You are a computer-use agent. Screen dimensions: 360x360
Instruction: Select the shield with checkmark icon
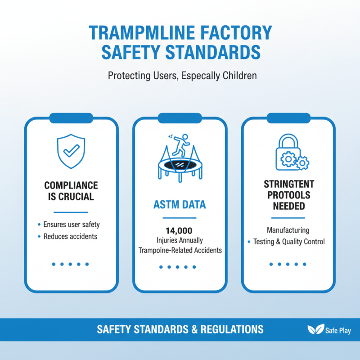(x=71, y=151)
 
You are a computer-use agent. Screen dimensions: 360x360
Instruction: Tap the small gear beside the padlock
(x=302, y=163)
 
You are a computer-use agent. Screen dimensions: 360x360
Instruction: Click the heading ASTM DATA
(x=180, y=205)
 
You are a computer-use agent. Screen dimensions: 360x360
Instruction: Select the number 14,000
(x=179, y=230)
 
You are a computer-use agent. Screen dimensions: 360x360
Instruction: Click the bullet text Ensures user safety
(x=72, y=224)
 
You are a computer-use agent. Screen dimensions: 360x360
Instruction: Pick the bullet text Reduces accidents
(x=70, y=236)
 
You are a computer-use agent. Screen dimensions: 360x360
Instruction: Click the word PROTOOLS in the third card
(x=289, y=195)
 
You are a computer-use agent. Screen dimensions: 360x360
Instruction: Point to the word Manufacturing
(x=288, y=230)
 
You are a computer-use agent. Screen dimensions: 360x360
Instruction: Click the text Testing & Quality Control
(x=289, y=242)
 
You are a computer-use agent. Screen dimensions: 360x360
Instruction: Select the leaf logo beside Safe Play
(x=316, y=329)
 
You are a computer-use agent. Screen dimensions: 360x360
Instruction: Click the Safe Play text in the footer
(x=338, y=331)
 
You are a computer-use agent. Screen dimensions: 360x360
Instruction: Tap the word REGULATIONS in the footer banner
(x=232, y=329)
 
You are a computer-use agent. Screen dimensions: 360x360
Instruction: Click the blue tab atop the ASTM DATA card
(x=180, y=118)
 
